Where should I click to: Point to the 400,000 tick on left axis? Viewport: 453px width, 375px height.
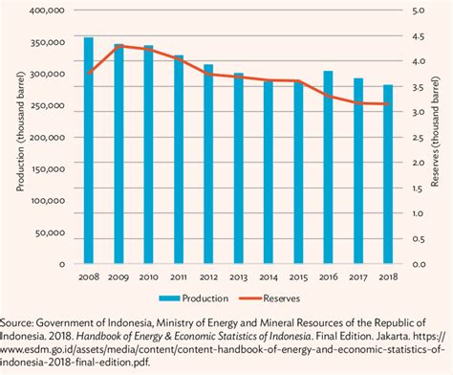click(x=48, y=11)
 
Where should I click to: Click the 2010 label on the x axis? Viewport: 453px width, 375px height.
click(x=148, y=276)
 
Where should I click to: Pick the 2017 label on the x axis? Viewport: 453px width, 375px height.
click(x=358, y=276)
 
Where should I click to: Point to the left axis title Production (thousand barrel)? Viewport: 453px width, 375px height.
click(x=20, y=137)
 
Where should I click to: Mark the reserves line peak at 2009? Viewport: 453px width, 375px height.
click(x=119, y=45)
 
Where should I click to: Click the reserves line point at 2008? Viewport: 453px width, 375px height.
click(x=88, y=73)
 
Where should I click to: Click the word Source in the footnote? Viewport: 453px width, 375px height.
click(x=21, y=323)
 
